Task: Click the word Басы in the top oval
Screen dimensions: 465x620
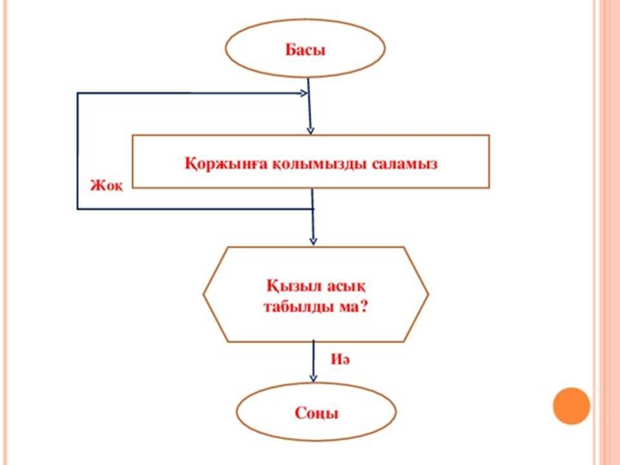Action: (x=305, y=49)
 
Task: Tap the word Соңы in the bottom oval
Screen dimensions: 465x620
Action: (x=316, y=413)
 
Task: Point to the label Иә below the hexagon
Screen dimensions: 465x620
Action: (x=340, y=361)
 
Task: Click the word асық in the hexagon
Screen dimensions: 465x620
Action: (x=346, y=284)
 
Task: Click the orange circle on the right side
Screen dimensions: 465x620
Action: (x=572, y=406)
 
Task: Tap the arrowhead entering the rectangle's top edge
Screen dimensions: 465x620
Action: (x=311, y=130)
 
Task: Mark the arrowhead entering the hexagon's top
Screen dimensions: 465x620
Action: (x=313, y=241)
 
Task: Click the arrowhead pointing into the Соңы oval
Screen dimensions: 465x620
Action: (x=314, y=378)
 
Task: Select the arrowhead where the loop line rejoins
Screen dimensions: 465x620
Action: (x=304, y=94)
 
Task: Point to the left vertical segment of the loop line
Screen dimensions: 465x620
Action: (x=77, y=152)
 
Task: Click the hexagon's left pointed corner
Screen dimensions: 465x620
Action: (x=204, y=294)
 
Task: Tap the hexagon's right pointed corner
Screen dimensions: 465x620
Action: (x=428, y=294)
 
